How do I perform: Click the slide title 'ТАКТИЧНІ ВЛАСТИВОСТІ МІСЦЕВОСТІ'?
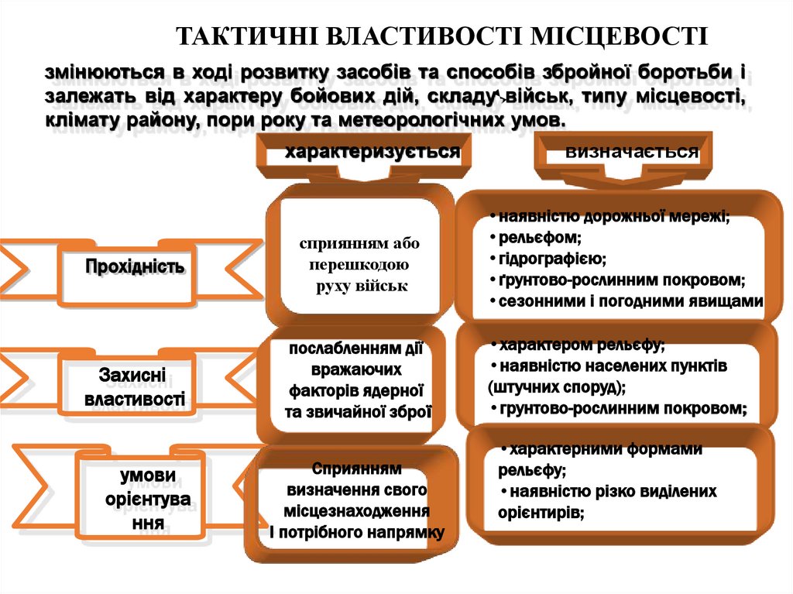[441, 36]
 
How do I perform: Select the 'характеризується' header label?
[372, 152]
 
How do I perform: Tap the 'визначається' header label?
[631, 152]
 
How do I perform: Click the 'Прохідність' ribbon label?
[136, 267]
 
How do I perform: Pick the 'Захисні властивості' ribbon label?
[136, 387]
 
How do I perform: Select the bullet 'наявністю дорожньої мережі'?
[613, 217]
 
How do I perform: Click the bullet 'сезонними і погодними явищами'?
[630, 300]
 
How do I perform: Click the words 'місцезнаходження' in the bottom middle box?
[357, 512]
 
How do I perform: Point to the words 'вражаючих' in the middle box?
[357, 369]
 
